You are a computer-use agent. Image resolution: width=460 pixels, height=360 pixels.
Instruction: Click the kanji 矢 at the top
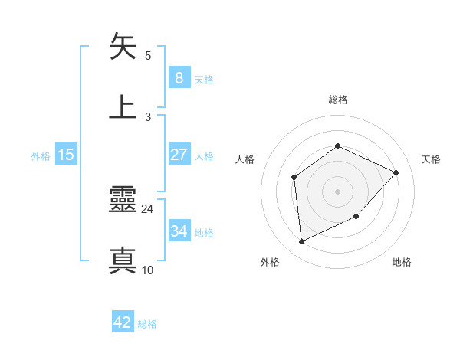123,47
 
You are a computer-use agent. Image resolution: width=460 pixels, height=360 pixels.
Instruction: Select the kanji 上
123,107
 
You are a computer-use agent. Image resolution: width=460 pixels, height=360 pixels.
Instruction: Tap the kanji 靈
123,201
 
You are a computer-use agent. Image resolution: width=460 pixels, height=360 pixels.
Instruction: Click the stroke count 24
148,209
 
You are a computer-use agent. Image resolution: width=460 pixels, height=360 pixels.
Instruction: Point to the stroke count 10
148,270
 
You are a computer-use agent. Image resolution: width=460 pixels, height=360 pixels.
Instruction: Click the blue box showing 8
179,77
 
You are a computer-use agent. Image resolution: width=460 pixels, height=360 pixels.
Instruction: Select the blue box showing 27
179,155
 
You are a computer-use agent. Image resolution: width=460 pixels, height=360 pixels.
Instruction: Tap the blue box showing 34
179,231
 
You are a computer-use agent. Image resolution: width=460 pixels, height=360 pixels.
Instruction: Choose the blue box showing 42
123,322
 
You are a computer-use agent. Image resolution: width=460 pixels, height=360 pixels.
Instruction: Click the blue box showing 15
66,155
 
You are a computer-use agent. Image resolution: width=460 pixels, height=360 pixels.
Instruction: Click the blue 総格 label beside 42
147,324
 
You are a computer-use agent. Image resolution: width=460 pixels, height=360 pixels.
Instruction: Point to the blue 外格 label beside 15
41,155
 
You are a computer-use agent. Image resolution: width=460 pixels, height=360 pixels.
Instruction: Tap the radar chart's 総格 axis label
337,100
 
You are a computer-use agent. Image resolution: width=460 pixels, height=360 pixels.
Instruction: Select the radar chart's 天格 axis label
431,159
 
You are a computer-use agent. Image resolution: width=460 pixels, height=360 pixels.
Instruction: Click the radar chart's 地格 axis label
402,262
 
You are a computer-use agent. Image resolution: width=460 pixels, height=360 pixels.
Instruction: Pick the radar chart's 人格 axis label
245,159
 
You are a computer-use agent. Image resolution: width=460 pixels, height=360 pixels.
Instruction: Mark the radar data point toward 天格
396,172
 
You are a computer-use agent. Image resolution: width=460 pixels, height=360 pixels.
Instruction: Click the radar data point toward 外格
301,242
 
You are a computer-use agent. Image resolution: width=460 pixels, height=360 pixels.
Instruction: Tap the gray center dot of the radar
337,191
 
